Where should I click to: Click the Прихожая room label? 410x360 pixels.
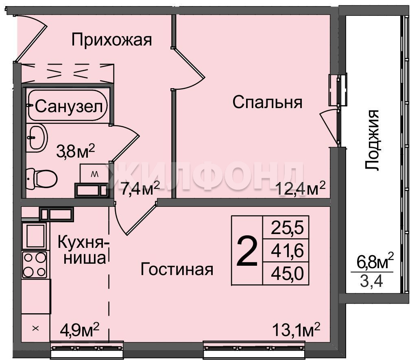[x=111, y=40]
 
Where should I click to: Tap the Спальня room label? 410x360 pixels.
[x=267, y=102]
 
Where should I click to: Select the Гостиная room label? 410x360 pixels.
[x=177, y=269]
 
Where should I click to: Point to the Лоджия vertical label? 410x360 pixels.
[x=372, y=140]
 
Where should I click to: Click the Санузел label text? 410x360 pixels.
[x=69, y=106]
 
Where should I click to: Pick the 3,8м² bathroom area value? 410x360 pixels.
[x=75, y=151]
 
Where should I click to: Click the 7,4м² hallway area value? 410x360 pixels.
[x=140, y=189]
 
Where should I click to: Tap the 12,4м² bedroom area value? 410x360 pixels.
[x=301, y=189]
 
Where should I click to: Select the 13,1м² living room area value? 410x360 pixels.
[x=296, y=330]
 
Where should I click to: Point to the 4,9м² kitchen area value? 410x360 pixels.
[x=79, y=329]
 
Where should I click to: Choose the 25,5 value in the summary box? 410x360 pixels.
[x=287, y=228]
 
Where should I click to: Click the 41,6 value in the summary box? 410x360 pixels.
[x=287, y=251]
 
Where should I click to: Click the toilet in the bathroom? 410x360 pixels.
[x=41, y=179]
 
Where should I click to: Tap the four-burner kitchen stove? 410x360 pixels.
[x=35, y=265]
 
